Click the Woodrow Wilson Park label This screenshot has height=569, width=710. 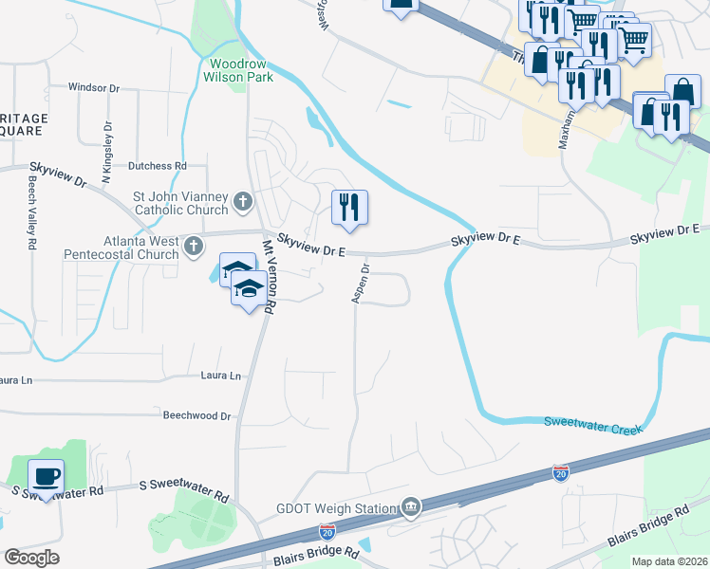point(238,70)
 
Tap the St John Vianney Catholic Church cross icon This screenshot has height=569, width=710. point(243,202)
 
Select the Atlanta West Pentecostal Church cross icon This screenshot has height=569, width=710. point(194,247)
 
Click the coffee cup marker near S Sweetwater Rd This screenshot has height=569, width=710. point(46,475)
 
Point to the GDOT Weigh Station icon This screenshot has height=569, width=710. point(410,507)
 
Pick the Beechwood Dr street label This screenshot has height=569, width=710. point(197,415)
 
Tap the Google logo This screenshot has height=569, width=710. point(31,557)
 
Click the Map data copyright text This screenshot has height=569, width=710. point(668,561)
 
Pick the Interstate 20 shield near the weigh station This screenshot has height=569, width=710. point(327,532)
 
